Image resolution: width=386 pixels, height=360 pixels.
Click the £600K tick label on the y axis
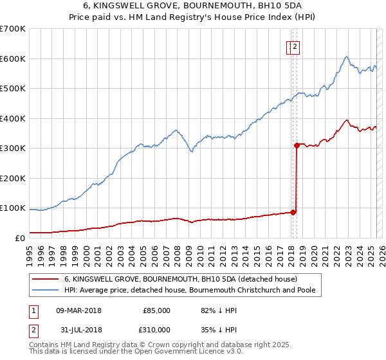click(x=13, y=59)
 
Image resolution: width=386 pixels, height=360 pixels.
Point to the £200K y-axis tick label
click(x=13, y=178)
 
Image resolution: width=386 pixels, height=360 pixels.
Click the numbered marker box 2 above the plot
click(x=295, y=46)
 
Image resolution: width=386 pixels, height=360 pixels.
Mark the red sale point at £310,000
click(x=297, y=145)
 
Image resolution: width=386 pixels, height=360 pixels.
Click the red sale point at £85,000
click(x=293, y=212)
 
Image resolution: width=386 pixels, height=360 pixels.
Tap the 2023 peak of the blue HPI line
click(x=346, y=57)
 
